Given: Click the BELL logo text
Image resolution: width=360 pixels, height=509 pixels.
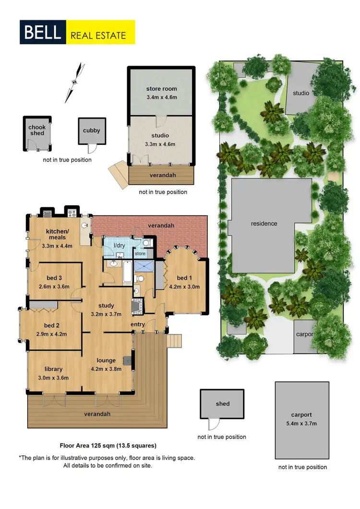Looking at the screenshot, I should (42, 33).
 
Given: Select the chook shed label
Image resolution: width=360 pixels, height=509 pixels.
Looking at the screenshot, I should (37, 130).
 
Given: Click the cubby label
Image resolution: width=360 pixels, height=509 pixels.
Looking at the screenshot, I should (91, 130).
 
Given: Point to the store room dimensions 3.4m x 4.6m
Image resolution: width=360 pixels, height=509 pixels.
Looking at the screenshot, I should (161, 97).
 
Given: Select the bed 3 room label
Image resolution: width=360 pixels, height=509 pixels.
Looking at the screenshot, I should (54, 278).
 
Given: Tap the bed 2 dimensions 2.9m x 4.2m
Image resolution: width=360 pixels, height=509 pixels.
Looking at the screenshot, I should (51, 334).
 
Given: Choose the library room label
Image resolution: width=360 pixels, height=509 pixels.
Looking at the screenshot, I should (53, 370).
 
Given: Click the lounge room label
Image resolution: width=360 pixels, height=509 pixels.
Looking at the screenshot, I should (106, 360).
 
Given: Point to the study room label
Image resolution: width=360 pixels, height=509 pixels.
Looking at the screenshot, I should (106, 305).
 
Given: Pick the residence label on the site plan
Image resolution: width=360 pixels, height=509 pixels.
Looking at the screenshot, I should (264, 224).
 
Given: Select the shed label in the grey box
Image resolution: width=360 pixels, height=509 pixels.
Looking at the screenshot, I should (222, 404).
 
